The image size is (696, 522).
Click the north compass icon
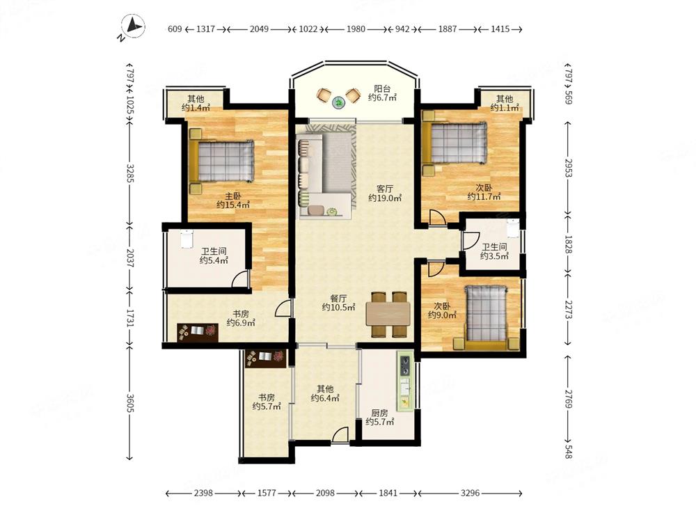point(132,26)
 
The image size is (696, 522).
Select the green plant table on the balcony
point(339,103)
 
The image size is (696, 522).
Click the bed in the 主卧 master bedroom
point(221,161)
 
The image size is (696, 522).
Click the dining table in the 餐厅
point(388,314)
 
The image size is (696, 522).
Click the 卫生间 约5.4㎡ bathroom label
point(214,255)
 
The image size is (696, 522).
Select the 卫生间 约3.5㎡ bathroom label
point(494,251)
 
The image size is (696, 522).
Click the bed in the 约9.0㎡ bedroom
point(486,317)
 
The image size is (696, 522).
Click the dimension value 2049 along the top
point(259,29)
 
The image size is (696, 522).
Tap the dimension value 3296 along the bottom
point(470,493)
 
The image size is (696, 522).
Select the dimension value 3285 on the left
point(130,173)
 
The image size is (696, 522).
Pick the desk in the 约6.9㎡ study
point(198,332)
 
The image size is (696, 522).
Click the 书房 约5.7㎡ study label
point(267,402)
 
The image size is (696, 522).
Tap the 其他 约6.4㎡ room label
point(325,393)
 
